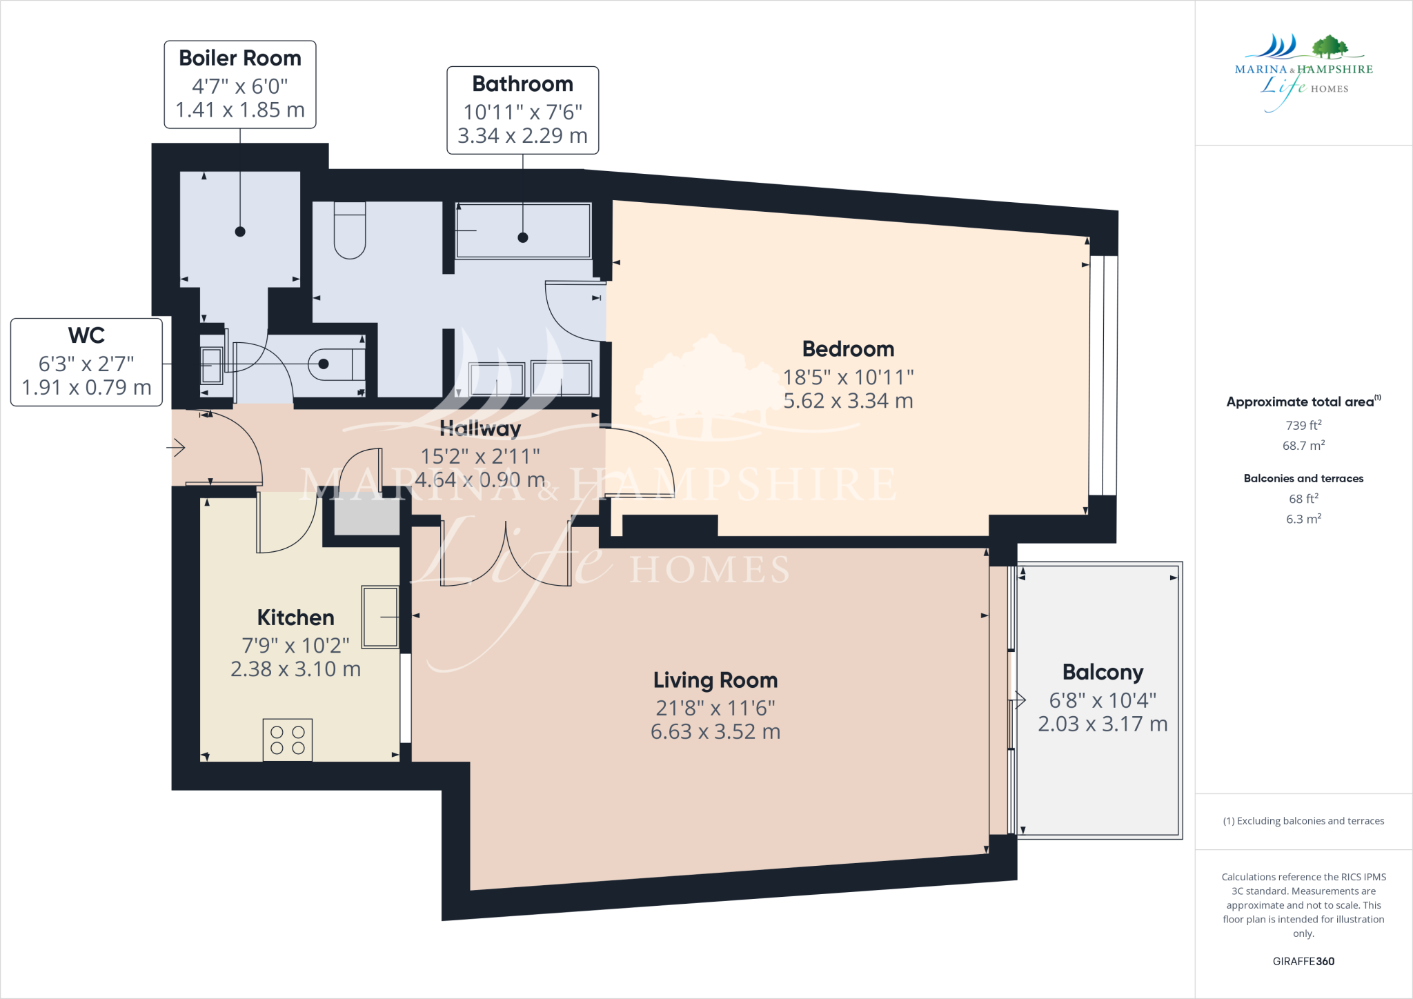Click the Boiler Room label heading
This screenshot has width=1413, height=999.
(239, 58)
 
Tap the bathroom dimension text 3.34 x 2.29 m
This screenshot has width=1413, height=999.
(522, 136)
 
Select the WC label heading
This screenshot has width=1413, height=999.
(86, 335)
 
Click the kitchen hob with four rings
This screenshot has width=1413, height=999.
(288, 740)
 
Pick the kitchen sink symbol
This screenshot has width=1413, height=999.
(380, 617)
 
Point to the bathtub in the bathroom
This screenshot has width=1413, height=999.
(523, 230)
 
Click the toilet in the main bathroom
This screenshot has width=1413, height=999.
(350, 230)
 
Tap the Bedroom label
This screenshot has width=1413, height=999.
(848, 349)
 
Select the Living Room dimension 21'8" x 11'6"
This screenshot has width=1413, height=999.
(715, 708)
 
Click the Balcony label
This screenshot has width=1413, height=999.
(1103, 672)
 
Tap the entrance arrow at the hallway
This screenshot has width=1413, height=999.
(177, 448)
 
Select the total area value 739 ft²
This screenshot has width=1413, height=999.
(1303, 426)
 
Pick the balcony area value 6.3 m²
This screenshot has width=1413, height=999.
(1303, 519)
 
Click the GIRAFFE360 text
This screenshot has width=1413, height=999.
(1303, 961)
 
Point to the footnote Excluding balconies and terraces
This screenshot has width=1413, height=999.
(1303, 821)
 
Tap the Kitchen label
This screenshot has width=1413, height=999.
(295, 617)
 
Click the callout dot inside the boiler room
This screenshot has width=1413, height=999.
(240, 232)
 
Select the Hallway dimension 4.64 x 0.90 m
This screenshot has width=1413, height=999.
(480, 479)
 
